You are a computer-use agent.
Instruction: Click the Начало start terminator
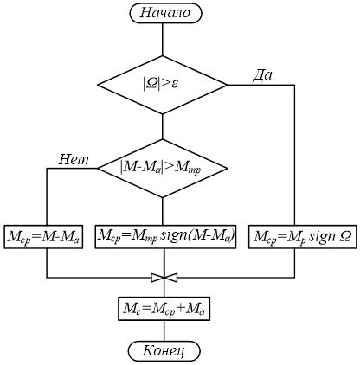165,13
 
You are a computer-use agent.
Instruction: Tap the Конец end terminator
164,351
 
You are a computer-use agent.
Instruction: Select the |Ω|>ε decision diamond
163,85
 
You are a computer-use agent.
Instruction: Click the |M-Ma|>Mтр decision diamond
163,169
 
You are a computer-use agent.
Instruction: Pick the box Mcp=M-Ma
43,237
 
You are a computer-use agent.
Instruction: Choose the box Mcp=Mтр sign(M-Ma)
165,236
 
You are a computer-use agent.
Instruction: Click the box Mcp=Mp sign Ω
302,237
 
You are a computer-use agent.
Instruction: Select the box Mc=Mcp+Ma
164,309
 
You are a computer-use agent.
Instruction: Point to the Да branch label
262,75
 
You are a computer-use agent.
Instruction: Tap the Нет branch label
74,159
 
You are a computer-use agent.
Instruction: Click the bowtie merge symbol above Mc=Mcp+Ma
164,278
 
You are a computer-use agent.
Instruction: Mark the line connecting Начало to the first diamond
163,39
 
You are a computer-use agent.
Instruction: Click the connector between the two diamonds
163,127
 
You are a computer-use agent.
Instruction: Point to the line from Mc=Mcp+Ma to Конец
164,330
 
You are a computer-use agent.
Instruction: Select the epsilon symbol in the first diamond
174,85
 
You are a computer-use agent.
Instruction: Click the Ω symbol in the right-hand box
345,237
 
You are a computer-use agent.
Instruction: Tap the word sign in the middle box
174,236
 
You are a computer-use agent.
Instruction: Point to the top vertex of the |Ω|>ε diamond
163,55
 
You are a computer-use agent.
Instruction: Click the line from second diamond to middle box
163,211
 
